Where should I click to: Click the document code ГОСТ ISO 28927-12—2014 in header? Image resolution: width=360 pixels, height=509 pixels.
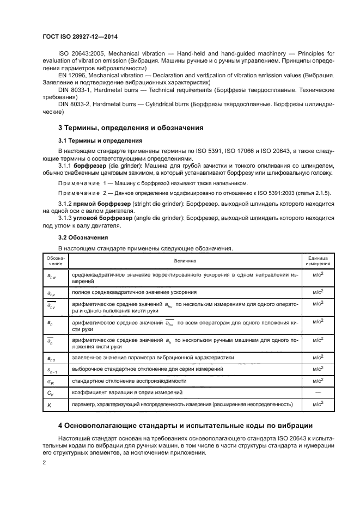(x=80, y=37)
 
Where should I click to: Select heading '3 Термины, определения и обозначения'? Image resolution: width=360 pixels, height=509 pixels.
(x=131, y=128)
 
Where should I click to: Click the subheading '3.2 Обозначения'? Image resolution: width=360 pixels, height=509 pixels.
(x=84, y=237)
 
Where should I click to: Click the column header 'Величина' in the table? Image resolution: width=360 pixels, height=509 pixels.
(x=185, y=261)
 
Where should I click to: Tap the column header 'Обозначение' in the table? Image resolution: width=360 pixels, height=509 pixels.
(x=55, y=261)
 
